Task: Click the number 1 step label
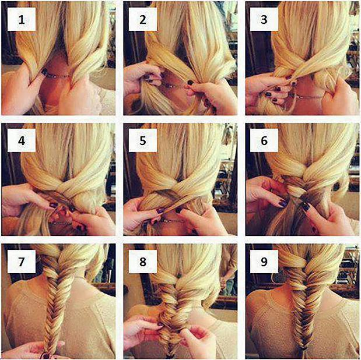click(22, 19)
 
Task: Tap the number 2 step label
click(143, 19)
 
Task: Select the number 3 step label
click(264, 19)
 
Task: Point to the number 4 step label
click(22, 140)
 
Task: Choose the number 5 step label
click(143, 140)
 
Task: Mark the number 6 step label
click(264, 140)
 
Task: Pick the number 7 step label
click(22, 262)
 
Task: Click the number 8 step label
click(143, 262)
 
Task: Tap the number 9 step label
click(264, 262)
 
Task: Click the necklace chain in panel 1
click(58, 76)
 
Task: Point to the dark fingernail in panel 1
click(44, 72)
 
